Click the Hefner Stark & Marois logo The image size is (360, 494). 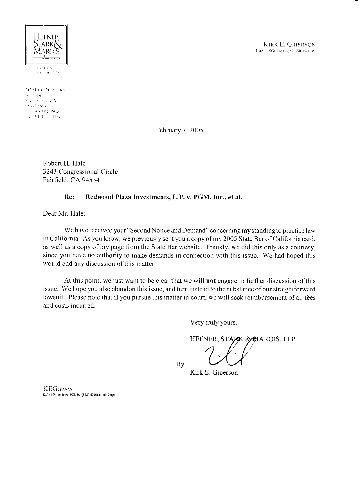pyautogui.click(x=46, y=44)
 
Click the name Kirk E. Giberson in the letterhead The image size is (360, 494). pyautogui.click(x=289, y=44)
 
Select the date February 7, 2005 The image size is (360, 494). pyautogui.click(x=179, y=130)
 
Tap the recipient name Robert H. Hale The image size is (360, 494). pyautogui.click(x=64, y=163)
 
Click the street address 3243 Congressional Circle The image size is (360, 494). pyautogui.click(x=80, y=172)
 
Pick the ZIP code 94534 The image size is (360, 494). pyautogui.click(x=91, y=180)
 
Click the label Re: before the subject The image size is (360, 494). pyautogui.click(x=69, y=197)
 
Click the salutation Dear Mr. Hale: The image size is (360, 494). pyautogui.click(x=64, y=213)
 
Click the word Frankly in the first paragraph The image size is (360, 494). pyautogui.click(x=215, y=247)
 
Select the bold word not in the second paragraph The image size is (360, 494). pyautogui.click(x=211, y=281)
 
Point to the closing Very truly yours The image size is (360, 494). pyautogui.click(x=213, y=323)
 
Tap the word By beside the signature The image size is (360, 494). pyautogui.click(x=180, y=364)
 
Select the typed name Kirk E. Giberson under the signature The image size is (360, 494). pyautogui.click(x=214, y=373)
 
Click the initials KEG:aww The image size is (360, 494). pyautogui.click(x=58, y=389)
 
